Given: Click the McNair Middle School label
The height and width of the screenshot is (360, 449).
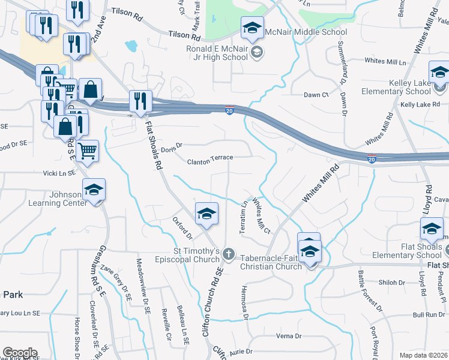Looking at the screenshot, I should [x=310, y=32].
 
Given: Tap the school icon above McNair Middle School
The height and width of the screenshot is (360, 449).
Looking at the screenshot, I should [x=253, y=28].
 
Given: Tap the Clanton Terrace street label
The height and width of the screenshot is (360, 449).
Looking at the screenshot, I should [x=209, y=161].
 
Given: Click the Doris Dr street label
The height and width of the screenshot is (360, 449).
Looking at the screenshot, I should [x=171, y=145].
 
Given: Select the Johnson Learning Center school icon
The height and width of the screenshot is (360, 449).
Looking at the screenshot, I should [x=94, y=190].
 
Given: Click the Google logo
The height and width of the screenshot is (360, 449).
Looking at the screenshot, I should [x=20, y=353].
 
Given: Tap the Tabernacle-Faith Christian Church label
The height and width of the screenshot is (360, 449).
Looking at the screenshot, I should [x=271, y=262].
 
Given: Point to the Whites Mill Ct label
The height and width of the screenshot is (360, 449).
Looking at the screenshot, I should [x=262, y=216].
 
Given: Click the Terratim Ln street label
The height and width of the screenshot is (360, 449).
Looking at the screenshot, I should [x=244, y=218].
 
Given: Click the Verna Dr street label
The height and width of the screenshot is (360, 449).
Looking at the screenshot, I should [x=289, y=336].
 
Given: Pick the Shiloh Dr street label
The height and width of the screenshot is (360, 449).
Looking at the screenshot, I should [x=392, y=282].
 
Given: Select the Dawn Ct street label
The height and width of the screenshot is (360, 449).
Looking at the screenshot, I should [x=316, y=95].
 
